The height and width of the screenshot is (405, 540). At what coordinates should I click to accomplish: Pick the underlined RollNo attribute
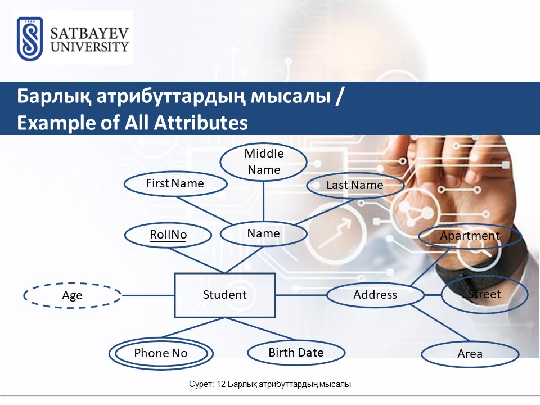[x=168, y=235]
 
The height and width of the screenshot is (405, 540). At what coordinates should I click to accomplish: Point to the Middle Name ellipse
[x=264, y=161]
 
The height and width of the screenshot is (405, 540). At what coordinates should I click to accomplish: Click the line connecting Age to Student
[x=148, y=295]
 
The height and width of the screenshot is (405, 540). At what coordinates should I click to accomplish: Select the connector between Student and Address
[x=301, y=295]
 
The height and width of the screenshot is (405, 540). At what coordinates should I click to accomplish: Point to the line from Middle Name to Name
[x=263, y=201]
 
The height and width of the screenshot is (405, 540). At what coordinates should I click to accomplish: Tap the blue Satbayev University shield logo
[x=30, y=39]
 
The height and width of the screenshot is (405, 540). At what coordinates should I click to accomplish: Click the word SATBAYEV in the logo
[x=89, y=33]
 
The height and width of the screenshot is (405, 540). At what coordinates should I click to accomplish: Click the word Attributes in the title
[x=201, y=123]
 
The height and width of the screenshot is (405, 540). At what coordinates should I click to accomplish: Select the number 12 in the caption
[x=221, y=384]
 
